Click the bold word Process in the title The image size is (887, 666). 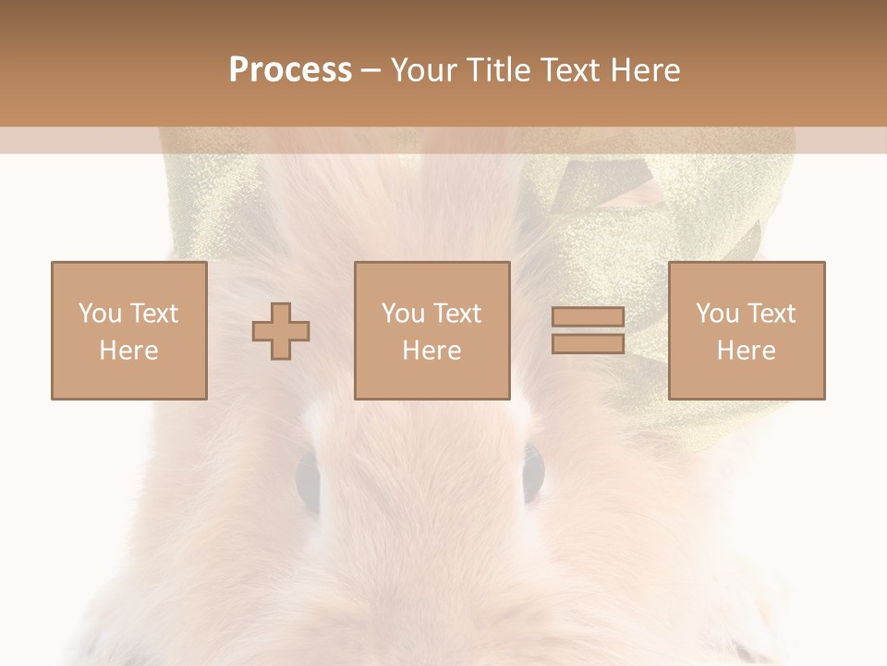click(x=290, y=70)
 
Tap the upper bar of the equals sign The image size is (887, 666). click(x=588, y=317)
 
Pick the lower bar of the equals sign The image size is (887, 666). click(x=588, y=343)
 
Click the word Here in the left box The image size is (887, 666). click(x=128, y=351)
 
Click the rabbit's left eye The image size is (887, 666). click(x=308, y=475)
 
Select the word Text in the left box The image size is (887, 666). click(x=154, y=314)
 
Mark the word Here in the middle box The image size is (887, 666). click(x=431, y=351)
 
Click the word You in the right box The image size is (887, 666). click(x=717, y=314)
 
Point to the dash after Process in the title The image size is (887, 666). click(x=371, y=70)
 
